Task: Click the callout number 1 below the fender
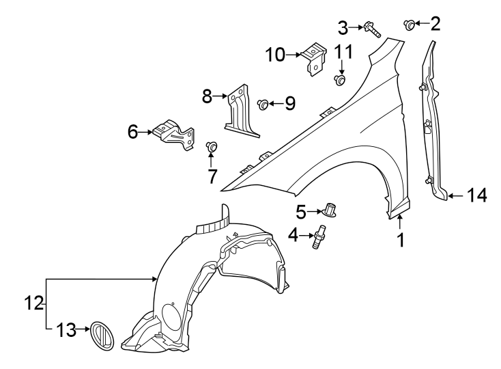401,241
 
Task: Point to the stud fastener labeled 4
318,238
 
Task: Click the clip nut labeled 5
329,209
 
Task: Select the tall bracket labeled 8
237,111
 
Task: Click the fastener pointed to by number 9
263,104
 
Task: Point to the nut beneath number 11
340,81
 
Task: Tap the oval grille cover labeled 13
101,337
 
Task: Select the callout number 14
477,196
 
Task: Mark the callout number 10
278,54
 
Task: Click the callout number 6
132,131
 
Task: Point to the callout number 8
207,96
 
